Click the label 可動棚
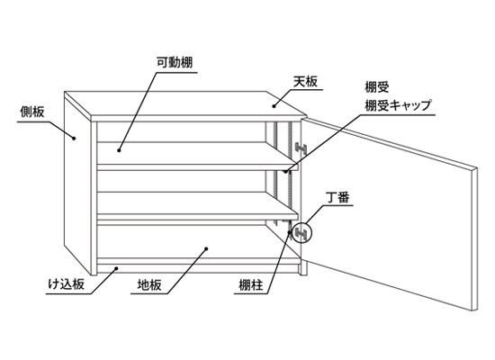click(x=175, y=62)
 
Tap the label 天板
click(x=305, y=82)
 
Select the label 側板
click(x=32, y=112)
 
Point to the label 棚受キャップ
click(x=399, y=104)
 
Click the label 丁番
click(x=338, y=198)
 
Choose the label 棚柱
click(x=251, y=285)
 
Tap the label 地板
click(x=149, y=284)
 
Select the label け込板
click(x=67, y=284)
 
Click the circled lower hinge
click(x=301, y=233)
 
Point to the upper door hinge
click(x=301, y=148)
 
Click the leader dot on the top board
click(x=274, y=106)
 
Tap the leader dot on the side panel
click(x=74, y=138)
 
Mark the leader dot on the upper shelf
click(x=119, y=150)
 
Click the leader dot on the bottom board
click(x=206, y=248)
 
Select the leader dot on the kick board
click(x=116, y=268)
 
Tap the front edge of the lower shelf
click(x=197, y=217)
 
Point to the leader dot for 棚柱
click(x=289, y=232)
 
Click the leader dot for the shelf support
click(x=285, y=172)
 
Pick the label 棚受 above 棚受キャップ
click(x=377, y=86)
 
